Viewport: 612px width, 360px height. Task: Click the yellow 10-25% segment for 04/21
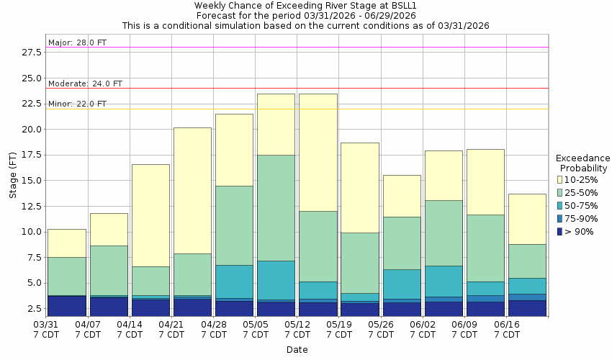192,190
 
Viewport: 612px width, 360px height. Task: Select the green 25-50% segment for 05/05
276,207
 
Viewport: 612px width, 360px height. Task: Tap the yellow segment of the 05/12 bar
318,152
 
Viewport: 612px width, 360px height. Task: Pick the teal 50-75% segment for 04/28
234,282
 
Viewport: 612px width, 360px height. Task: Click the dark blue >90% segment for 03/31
67,305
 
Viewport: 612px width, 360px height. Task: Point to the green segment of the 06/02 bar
444,233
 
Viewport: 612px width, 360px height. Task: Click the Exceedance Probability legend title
582,163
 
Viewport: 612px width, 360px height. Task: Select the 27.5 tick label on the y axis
31,53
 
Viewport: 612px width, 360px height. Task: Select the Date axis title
296,350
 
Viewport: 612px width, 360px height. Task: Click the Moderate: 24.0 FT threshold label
85,84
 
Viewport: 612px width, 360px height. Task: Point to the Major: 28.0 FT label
77,42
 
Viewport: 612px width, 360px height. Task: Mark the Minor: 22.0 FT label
77,104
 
